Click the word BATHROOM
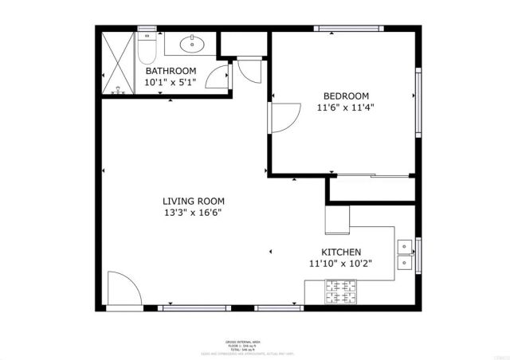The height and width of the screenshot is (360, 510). (x=171, y=71)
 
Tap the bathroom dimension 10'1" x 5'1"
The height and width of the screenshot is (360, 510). (x=171, y=81)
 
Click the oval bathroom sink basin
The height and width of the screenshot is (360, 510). (x=191, y=44)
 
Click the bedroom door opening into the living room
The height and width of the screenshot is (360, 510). (x=283, y=119)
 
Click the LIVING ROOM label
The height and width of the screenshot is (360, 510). (x=194, y=202)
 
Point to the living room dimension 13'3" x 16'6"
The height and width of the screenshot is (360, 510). (x=194, y=213)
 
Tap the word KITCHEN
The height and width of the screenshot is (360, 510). (x=340, y=252)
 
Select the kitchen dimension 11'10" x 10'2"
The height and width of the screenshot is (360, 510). (x=340, y=263)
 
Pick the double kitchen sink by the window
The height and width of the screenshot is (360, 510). (x=405, y=253)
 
